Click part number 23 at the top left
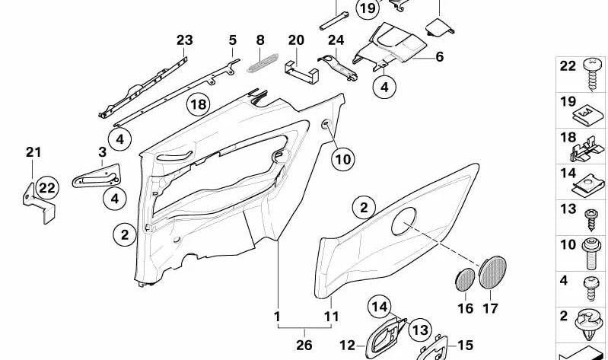(x=185, y=40)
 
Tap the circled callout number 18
(x=199, y=104)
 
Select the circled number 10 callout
(x=342, y=159)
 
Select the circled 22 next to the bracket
(x=47, y=187)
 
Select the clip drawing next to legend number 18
(x=587, y=148)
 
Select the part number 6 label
(x=440, y=56)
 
